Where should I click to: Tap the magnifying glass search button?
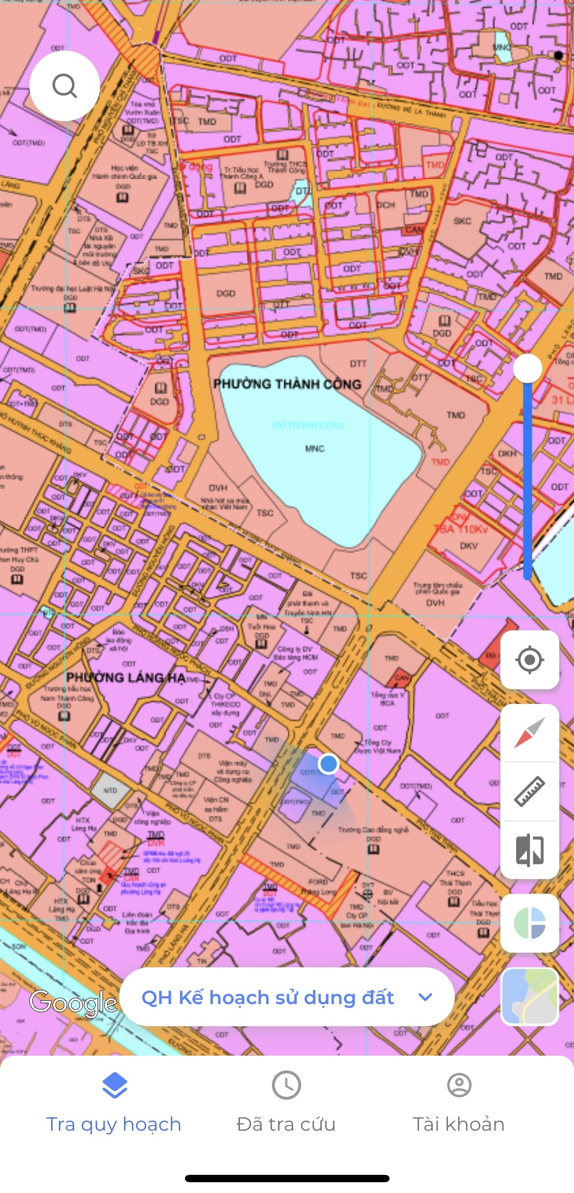tap(65, 86)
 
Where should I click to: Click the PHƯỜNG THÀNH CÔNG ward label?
tap(287, 384)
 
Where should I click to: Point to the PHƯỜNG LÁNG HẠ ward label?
tap(126, 677)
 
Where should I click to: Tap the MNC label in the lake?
tap(314, 448)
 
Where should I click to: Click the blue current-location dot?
tap(328, 764)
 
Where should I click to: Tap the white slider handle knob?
tap(527, 368)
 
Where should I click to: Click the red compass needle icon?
tap(529, 733)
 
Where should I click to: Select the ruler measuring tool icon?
tap(529, 791)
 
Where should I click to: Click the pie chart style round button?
tap(529, 923)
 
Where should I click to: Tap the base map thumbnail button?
tap(529, 996)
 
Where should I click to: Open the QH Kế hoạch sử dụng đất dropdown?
tap(287, 997)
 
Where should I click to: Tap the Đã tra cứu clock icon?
tap(287, 1085)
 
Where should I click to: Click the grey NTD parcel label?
tap(110, 790)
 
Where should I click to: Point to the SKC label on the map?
tap(462, 221)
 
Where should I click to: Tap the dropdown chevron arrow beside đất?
tap(425, 997)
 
